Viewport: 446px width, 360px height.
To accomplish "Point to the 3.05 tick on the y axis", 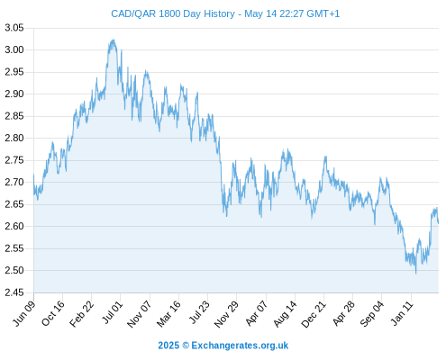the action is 14,28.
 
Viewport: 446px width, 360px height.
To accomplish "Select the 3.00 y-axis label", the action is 14,49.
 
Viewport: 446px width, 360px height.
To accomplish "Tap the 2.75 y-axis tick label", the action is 14,160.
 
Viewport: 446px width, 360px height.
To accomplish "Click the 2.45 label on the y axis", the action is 14,292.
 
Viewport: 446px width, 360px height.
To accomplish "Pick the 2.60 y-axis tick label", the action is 14,226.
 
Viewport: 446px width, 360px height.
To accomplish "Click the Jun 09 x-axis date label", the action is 24,313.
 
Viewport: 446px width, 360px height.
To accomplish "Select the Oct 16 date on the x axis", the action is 53,313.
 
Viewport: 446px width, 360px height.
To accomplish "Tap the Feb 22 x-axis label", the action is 82,313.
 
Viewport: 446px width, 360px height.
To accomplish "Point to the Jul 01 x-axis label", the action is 113,312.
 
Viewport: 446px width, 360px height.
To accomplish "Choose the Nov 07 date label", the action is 139,314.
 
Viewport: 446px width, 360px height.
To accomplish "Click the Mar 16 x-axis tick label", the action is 168,313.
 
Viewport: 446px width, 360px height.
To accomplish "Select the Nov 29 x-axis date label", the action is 226,314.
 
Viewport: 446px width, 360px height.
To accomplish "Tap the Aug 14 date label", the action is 285,313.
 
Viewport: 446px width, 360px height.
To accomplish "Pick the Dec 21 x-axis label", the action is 314,314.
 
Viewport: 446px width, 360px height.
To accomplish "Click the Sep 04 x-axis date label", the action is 372,313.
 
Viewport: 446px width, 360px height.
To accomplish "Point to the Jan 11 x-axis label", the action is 402,313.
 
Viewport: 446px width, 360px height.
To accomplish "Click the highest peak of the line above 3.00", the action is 114,40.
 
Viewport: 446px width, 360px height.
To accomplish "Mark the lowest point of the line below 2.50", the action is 416,274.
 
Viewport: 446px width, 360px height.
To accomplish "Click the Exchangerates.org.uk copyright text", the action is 223,346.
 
